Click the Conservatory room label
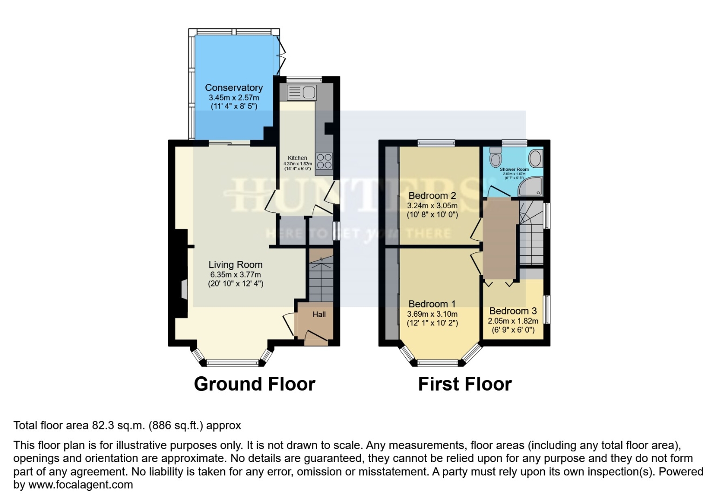coord(234,88)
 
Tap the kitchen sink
coord(301,92)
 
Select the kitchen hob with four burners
coord(324,161)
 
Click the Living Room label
coord(235,265)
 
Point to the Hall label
coord(319,314)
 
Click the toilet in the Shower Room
coord(495,157)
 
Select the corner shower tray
coord(531,187)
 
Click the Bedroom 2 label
coord(432,196)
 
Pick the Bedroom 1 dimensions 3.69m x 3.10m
coord(432,314)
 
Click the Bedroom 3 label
coord(513,311)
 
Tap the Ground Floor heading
coord(254,384)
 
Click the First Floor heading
coord(465,384)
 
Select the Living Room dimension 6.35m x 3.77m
coord(235,275)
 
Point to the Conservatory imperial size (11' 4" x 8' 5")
coord(234,106)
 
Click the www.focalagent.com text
coord(81,485)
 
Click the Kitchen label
coord(298,158)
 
